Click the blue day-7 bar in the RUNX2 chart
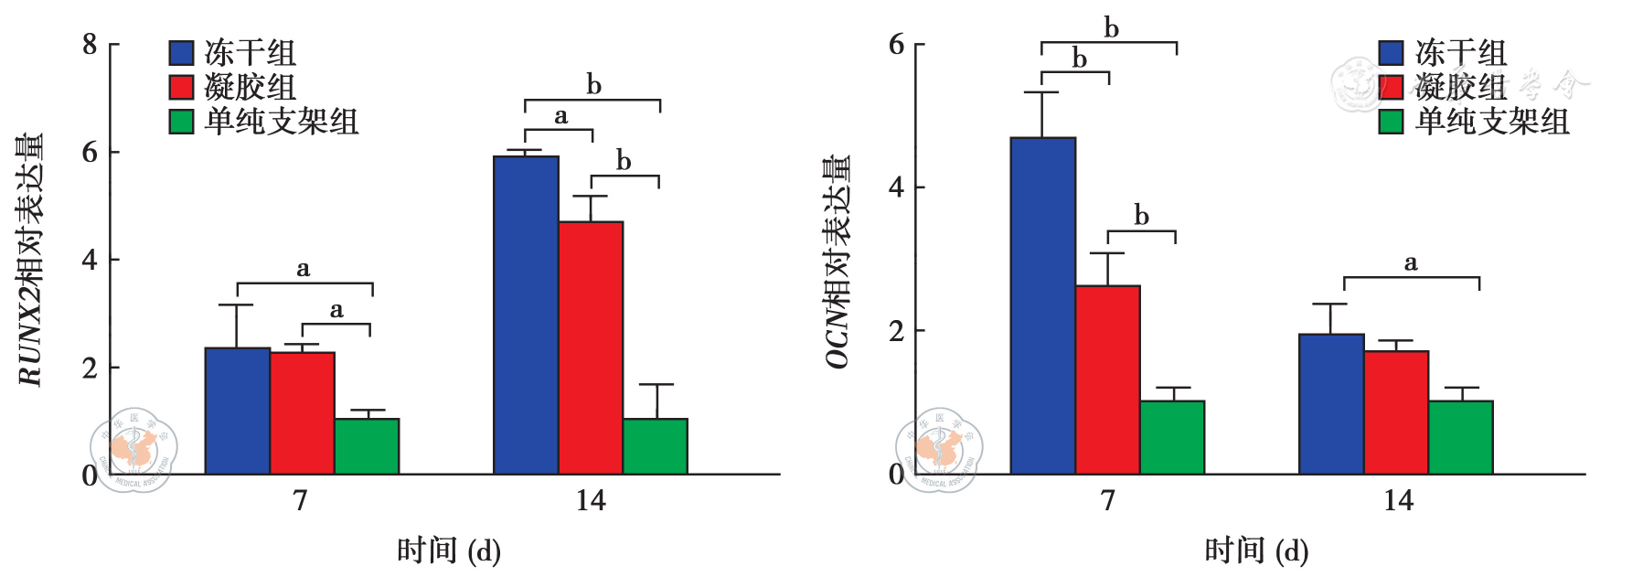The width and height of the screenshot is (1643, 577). click(x=237, y=411)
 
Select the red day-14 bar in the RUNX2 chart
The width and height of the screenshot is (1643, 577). click(x=591, y=347)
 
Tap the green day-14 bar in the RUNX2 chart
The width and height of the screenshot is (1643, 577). click(x=655, y=446)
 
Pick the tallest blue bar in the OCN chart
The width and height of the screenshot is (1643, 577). click(x=1042, y=305)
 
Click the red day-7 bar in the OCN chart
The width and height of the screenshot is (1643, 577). click(x=1107, y=379)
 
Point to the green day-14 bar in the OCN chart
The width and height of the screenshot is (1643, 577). click(x=1460, y=437)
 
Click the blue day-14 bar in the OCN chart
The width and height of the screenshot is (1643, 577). click(x=1331, y=404)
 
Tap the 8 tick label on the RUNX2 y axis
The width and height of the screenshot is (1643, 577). click(x=90, y=44)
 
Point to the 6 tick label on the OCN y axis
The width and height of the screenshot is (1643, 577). click(x=897, y=44)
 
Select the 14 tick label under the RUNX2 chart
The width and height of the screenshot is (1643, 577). click(x=591, y=500)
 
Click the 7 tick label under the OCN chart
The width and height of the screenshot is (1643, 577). click(x=1108, y=500)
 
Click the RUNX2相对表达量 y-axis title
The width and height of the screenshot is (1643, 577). click(x=30, y=260)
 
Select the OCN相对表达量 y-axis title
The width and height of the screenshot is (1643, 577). click(x=838, y=262)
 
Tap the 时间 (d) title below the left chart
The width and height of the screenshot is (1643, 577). click(x=449, y=550)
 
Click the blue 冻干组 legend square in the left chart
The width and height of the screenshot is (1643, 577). click(x=182, y=53)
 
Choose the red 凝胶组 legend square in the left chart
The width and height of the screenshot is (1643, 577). click(x=182, y=87)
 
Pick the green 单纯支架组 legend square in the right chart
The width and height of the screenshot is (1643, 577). click(x=1391, y=122)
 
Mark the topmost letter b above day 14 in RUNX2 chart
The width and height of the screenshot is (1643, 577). click(x=594, y=85)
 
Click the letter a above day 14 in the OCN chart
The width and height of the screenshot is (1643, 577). click(x=1411, y=263)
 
